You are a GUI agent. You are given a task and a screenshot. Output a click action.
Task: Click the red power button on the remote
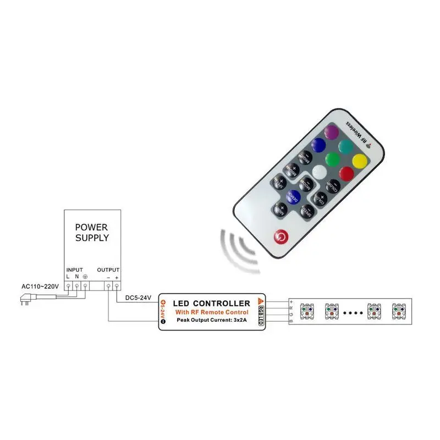coord(280,235)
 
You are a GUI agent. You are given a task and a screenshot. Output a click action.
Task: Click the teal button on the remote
coord(345,146)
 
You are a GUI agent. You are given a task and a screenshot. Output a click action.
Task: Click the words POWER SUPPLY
coord(92,233)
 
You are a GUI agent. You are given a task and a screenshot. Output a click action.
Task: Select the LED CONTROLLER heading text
coord(212,303)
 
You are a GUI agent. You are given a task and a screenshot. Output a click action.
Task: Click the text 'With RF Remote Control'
coord(212,312)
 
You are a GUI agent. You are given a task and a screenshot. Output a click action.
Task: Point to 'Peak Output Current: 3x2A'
coord(212,321)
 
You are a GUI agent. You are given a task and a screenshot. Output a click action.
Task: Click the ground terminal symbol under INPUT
coord(85,276)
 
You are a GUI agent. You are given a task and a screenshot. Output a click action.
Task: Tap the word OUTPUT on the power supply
coord(108,269)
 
